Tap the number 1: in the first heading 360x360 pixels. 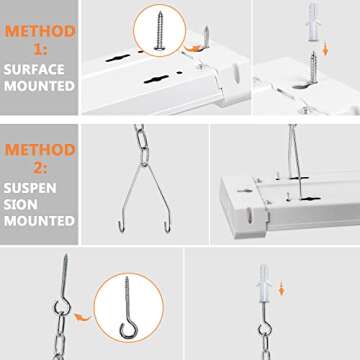click(x=41, y=47)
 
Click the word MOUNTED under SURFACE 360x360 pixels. click(x=41, y=86)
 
